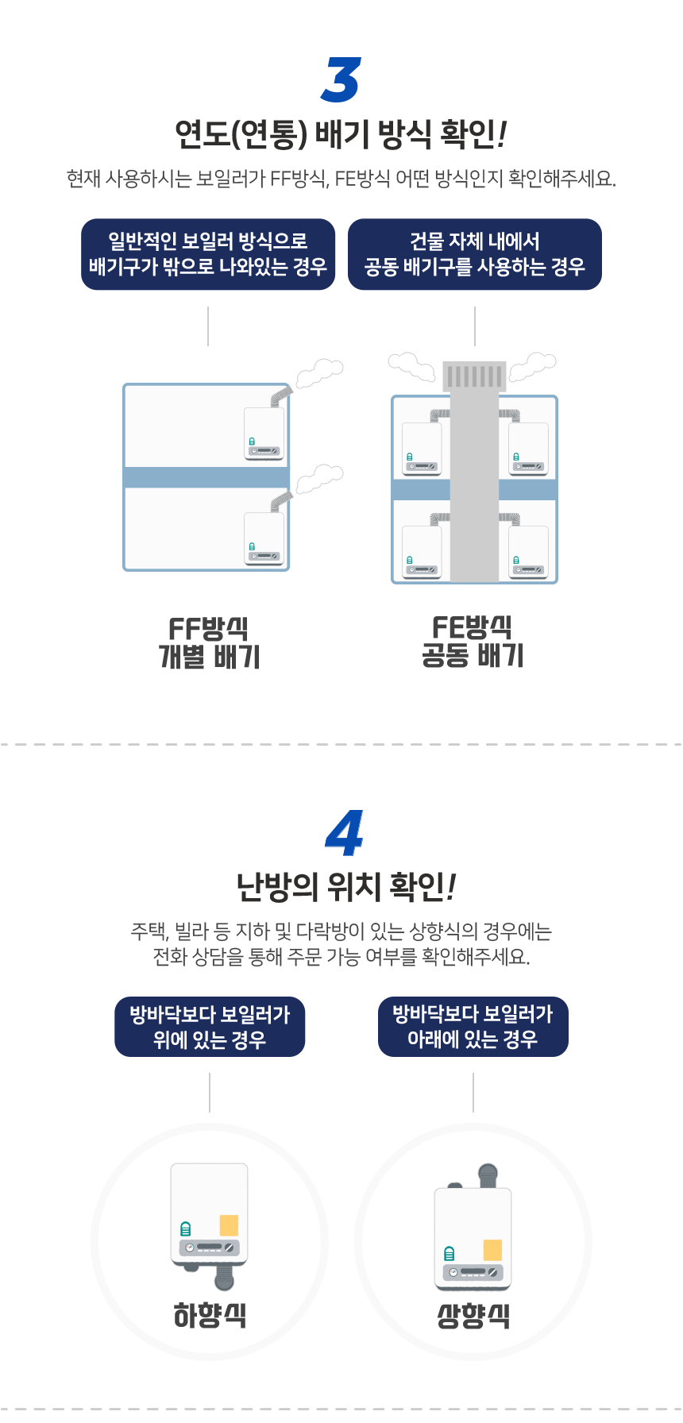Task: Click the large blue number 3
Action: point(341,79)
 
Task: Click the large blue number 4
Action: point(345,833)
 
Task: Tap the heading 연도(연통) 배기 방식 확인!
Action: point(341,133)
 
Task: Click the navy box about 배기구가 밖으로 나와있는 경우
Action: point(208,254)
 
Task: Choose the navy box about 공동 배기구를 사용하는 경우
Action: point(475,254)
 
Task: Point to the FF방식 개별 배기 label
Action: point(210,643)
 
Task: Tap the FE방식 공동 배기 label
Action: point(473,642)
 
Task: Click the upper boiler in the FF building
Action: point(264,434)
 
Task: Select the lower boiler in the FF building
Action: point(264,538)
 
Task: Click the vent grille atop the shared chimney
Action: point(475,376)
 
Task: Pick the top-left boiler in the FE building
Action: point(422,449)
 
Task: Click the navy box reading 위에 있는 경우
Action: point(210,1027)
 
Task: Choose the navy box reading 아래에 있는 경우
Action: point(473,1027)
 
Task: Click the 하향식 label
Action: point(210,1316)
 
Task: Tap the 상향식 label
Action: point(473,1316)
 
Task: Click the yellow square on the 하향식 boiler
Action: point(229,1224)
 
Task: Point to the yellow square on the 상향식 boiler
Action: point(492,1250)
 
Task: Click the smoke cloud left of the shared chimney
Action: point(411,366)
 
